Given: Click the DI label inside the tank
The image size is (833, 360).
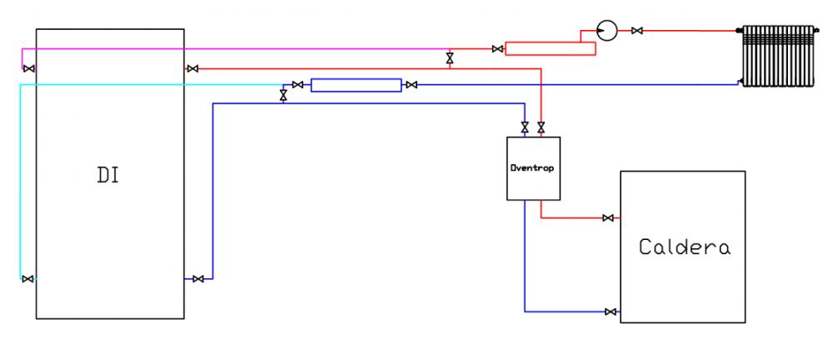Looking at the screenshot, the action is pyautogui.click(x=107, y=175).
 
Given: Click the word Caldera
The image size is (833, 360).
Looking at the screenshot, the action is pyautogui.click(x=685, y=247).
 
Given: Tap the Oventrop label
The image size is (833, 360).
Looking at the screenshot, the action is pyautogui.click(x=533, y=167).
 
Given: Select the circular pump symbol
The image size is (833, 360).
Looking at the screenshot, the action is pyautogui.click(x=606, y=31).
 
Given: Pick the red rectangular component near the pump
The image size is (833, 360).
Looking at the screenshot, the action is pyautogui.click(x=550, y=48).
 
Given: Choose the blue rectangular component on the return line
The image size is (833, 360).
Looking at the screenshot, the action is pyautogui.click(x=356, y=85).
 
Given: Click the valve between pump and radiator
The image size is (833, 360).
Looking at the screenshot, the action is pyautogui.click(x=637, y=31).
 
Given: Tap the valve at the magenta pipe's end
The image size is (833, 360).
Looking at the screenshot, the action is pyautogui.click(x=29, y=68).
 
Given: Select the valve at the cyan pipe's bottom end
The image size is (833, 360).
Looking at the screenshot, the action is pyautogui.click(x=27, y=278).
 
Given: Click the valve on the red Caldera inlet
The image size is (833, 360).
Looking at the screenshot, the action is pyautogui.click(x=608, y=218).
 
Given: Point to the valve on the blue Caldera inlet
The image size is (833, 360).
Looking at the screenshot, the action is pyautogui.click(x=611, y=312).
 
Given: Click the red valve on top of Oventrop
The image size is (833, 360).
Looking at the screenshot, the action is pyautogui.click(x=541, y=127).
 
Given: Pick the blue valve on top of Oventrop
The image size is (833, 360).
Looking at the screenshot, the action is pyautogui.click(x=525, y=127).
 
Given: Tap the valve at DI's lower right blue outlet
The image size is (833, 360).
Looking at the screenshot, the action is pyautogui.click(x=198, y=278).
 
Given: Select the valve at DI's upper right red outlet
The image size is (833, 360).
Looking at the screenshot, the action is pyautogui.click(x=193, y=68).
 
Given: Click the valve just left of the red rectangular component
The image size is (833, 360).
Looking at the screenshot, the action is pyautogui.click(x=497, y=49).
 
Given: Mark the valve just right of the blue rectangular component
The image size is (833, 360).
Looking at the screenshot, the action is pyautogui.click(x=412, y=84).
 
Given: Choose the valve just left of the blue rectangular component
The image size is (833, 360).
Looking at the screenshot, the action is pyautogui.click(x=298, y=84).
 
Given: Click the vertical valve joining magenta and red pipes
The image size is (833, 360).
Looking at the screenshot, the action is pyautogui.click(x=450, y=57).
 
